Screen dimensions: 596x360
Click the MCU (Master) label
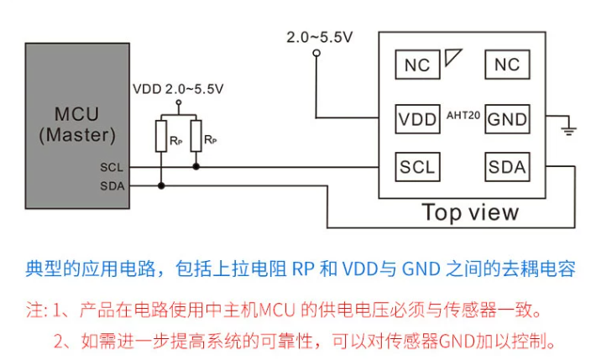point(77,124)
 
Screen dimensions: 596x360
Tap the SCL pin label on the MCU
point(112,167)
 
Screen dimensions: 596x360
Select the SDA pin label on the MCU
point(112,186)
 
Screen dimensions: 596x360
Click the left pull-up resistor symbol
point(161,136)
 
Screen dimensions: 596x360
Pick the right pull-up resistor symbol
point(196,136)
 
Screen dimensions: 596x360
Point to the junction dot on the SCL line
point(196,166)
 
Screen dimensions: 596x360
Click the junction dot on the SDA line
point(161,186)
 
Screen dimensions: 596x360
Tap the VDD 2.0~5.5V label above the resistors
point(178,89)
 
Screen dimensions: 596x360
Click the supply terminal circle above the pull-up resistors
point(179,102)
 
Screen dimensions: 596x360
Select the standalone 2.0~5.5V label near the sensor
point(319,37)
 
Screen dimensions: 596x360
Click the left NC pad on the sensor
point(417,65)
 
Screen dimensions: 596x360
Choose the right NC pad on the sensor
point(507,65)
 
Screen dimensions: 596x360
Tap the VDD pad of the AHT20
point(417,119)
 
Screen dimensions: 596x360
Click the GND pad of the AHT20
point(507,119)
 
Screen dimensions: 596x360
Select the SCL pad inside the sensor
point(417,167)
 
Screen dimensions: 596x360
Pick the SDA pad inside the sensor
point(507,167)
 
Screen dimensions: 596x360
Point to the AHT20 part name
point(463,115)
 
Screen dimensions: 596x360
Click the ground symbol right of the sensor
point(568,129)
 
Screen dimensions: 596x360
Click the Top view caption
point(470,212)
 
